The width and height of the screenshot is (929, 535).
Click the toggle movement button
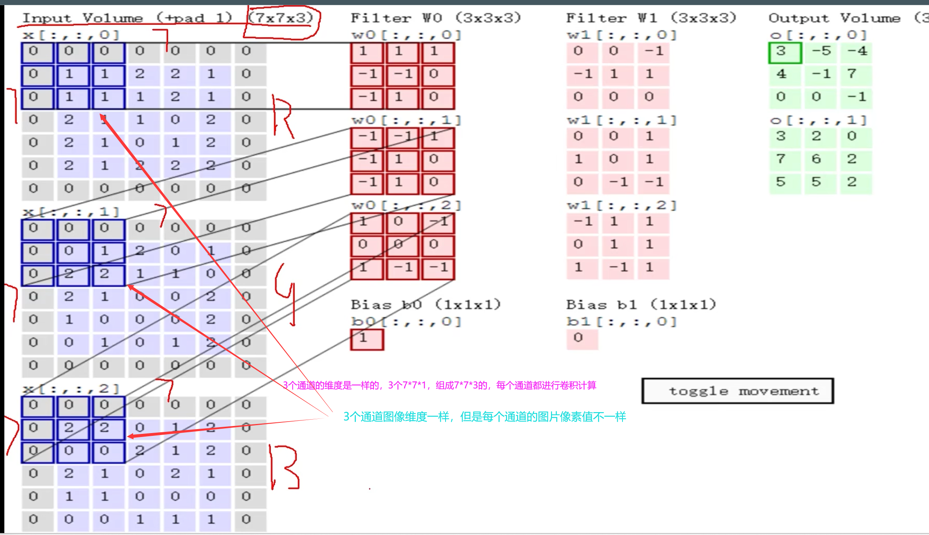click(x=737, y=391)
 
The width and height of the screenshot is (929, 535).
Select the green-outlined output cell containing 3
click(x=785, y=52)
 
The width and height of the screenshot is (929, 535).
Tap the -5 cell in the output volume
click(x=821, y=51)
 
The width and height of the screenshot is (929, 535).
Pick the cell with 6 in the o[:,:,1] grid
click(x=816, y=159)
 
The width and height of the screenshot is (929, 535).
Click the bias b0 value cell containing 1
click(x=367, y=339)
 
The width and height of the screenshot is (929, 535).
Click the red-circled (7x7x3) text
click(x=281, y=18)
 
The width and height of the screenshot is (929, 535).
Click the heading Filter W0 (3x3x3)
click(x=436, y=18)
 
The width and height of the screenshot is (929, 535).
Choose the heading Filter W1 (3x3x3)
click(x=651, y=18)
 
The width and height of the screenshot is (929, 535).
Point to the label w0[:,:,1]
click(x=406, y=120)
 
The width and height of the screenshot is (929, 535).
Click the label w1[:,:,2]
click(x=621, y=205)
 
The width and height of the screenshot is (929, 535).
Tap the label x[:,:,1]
click(x=71, y=212)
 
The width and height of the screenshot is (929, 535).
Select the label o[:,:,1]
click(x=818, y=120)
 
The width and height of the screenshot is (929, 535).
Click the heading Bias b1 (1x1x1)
click(x=641, y=305)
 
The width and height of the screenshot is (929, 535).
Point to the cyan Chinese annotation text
click(x=485, y=417)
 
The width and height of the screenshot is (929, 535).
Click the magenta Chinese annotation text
click(x=439, y=385)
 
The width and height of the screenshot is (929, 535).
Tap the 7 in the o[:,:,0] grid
click(x=852, y=74)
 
